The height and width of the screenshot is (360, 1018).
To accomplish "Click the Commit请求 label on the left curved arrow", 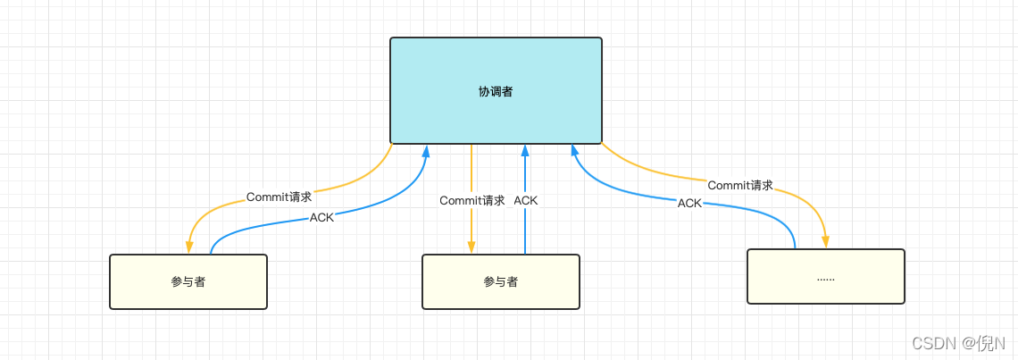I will coord(280,197).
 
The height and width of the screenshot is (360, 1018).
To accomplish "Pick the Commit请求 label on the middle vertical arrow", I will coord(472,201).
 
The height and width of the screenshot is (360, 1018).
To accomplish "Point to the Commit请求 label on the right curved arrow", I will coord(740,186).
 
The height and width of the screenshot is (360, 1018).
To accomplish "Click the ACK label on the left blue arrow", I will coord(321,217).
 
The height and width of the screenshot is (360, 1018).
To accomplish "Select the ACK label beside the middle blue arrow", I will coord(526,201).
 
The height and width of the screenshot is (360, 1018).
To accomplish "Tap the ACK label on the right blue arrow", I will coord(689,204).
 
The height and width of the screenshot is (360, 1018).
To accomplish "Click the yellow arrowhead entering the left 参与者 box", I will coord(189,247).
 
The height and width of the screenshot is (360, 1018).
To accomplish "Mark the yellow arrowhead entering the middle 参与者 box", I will coord(471,247).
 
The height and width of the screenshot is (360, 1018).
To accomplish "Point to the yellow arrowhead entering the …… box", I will coord(826,242).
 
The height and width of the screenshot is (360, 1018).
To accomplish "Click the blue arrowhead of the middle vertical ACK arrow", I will coord(525,150).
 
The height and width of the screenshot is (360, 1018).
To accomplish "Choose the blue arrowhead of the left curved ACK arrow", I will coord(426,150).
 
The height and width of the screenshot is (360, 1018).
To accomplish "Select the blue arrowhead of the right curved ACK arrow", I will coord(573,150).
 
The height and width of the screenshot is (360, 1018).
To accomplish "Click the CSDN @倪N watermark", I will coord(958,343).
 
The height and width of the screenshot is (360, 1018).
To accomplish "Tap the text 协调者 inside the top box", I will coord(496,91).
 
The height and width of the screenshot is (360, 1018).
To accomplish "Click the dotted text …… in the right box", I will coord(826,279).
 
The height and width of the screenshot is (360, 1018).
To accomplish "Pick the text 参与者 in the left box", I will coord(188,281).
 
